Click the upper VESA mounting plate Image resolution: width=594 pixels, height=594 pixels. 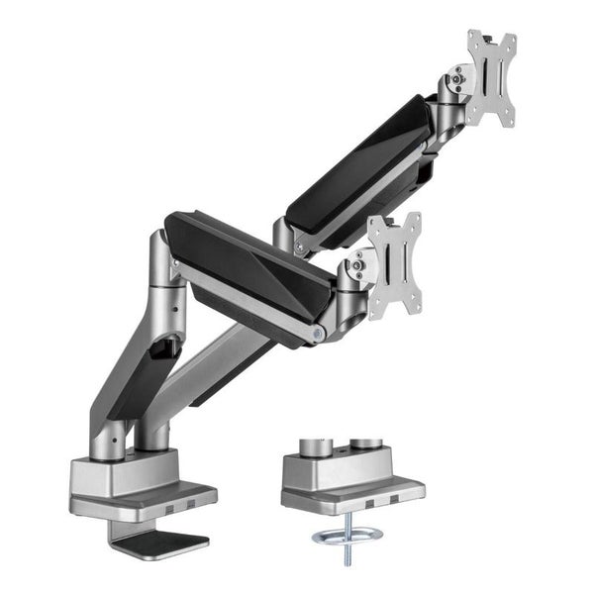tap(492, 78)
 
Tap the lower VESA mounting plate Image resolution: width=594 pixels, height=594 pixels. tap(394, 264)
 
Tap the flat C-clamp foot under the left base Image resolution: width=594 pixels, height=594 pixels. tap(158, 541)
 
